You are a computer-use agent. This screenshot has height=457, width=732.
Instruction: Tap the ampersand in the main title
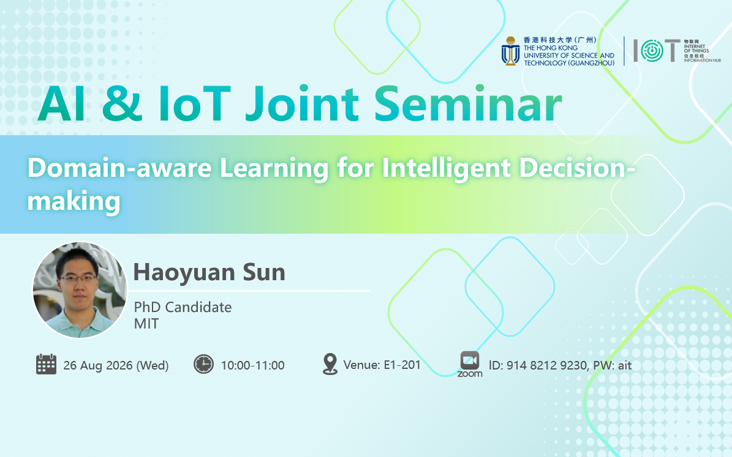[122, 104]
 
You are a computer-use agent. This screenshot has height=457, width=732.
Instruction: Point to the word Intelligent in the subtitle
[447, 169]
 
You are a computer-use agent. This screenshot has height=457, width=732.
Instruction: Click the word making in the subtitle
[74, 202]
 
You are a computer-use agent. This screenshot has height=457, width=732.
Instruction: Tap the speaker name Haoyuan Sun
[209, 272]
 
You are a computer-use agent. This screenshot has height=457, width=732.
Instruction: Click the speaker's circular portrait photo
[80, 289]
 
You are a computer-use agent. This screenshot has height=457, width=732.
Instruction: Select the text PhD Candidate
[183, 307]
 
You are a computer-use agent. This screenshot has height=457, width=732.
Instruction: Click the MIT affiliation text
[146, 324]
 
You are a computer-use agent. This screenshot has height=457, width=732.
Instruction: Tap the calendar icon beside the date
[46, 364]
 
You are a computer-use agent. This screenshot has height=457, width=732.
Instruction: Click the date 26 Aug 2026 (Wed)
[116, 365]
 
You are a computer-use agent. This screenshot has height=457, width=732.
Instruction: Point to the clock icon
[203, 364]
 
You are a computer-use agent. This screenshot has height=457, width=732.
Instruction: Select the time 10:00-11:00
[252, 365]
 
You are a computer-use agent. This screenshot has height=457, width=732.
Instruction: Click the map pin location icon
[330, 364]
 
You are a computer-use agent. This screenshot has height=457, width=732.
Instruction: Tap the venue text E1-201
[402, 365]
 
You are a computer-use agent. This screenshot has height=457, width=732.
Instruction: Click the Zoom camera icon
[470, 360]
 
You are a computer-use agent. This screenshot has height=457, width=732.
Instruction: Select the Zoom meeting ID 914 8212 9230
[546, 365]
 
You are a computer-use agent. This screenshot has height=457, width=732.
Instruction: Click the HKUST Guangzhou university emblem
[510, 51]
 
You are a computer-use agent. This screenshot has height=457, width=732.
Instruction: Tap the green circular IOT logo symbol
[652, 50]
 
